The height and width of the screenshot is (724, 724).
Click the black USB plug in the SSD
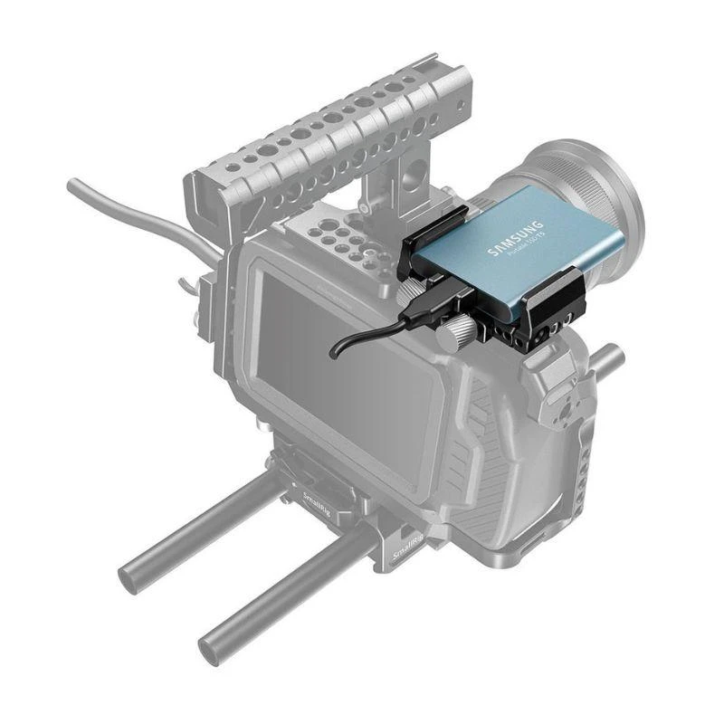(425, 309)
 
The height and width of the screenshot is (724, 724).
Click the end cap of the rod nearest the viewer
(214, 648)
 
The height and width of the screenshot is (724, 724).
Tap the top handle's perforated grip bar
(326, 127)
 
